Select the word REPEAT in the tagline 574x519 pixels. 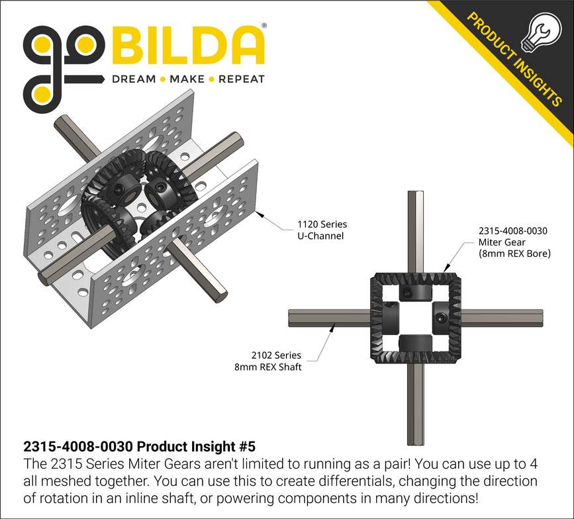[x=242, y=79]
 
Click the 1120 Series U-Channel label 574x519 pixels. [x=323, y=230]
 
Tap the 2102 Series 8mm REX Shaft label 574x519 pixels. [x=276, y=361]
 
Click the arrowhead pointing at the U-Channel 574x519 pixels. [x=262, y=214]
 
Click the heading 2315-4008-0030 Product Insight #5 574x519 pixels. [x=138, y=446]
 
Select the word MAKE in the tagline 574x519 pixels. [x=187, y=79]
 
